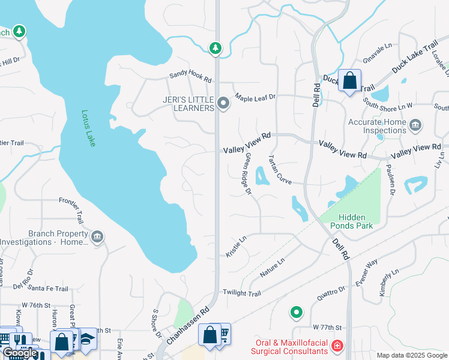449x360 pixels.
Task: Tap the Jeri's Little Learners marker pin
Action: point(224,104)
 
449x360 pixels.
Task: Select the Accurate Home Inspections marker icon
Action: point(415,126)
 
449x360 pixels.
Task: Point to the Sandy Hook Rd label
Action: point(191,77)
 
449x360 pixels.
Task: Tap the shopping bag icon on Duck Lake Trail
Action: point(349,80)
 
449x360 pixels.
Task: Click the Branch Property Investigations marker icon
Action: point(97,238)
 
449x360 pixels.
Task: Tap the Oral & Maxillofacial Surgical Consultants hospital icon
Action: point(337,346)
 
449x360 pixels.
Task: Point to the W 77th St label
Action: point(327,328)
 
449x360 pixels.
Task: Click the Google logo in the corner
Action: point(20,353)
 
